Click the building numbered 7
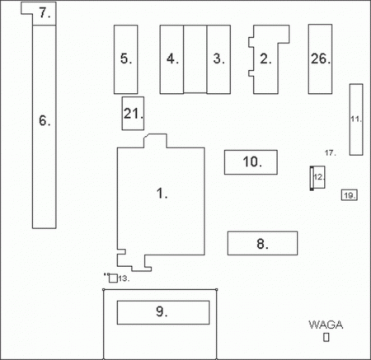[x=45, y=13]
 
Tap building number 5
[x=126, y=59]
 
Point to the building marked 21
[x=133, y=114]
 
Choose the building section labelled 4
[x=171, y=59]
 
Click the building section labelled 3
[x=218, y=59]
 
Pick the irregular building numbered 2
[x=265, y=59]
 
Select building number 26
[x=320, y=59]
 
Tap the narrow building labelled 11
[x=356, y=119]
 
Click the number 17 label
[x=330, y=152]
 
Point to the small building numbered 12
[x=317, y=177]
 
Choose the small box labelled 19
[x=350, y=195]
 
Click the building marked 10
[x=251, y=162]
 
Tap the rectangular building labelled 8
[x=262, y=243]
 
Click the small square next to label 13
[x=113, y=278]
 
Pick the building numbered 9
[x=163, y=312]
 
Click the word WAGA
[x=326, y=325]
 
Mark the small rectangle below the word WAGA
[x=326, y=337]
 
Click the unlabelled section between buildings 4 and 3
[x=195, y=59]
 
